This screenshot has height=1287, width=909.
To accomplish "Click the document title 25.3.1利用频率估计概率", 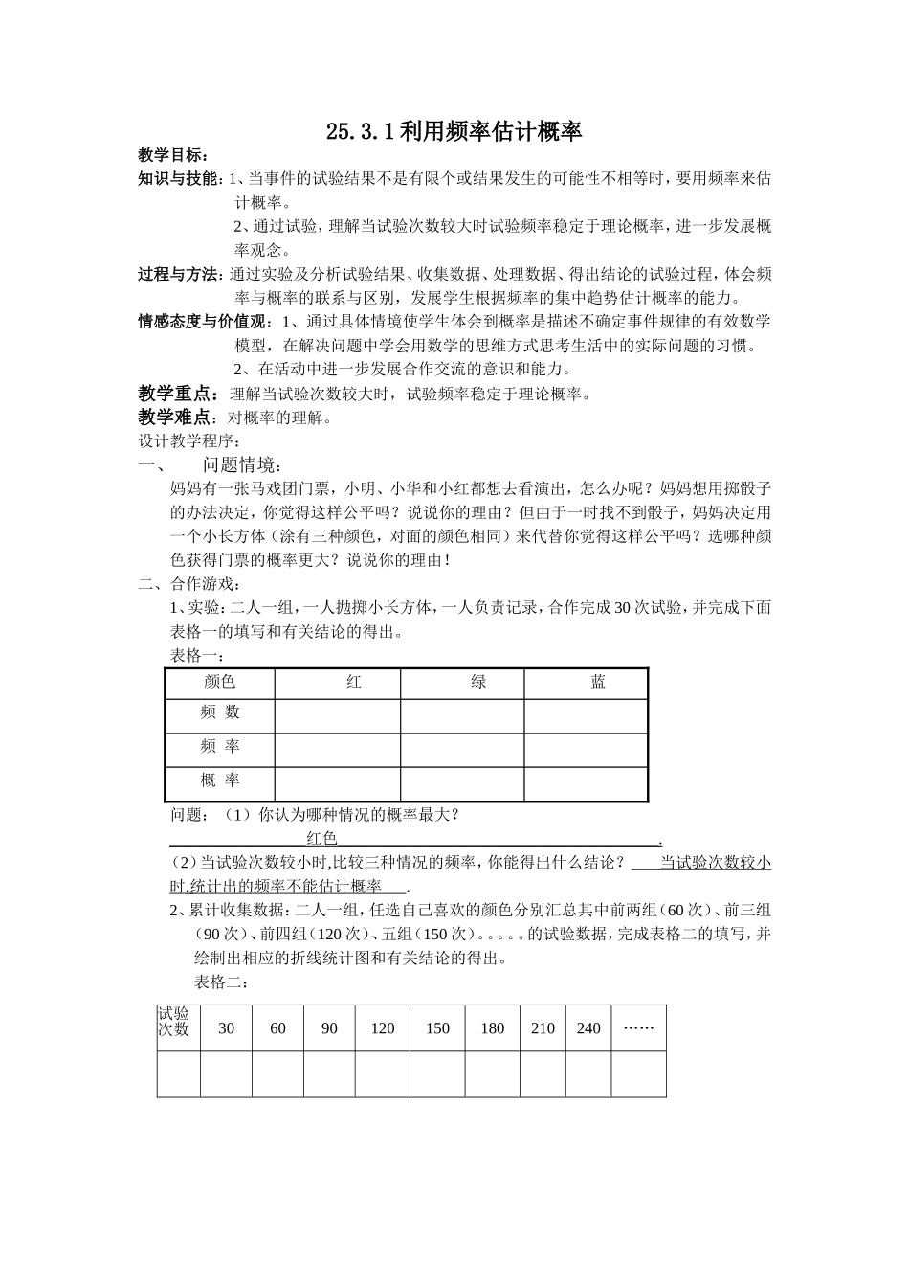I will pyautogui.click(x=454, y=132).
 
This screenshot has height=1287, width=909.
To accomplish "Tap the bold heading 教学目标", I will pyautogui.click(x=172, y=155).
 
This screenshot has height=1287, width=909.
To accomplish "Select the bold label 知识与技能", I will pyautogui.click(x=179, y=178).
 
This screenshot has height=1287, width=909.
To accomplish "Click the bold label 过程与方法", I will pyautogui.click(x=179, y=275).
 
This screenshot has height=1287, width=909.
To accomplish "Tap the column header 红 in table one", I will pyautogui.click(x=354, y=682).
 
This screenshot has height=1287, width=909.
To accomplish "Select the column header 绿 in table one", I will pyautogui.click(x=478, y=682).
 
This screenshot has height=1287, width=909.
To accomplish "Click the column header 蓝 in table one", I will pyautogui.click(x=598, y=682).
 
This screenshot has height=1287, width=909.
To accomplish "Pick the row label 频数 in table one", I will pyautogui.click(x=220, y=712).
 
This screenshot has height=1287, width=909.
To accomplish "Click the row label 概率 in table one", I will pyautogui.click(x=220, y=781).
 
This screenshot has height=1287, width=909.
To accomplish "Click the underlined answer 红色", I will pyautogui.click(x=321, y=839).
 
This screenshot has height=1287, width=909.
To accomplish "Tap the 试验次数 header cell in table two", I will pyautogui.click(x=174, y=1023).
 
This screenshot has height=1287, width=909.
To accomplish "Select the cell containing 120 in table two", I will pyautogui.click(x=382, y=1028).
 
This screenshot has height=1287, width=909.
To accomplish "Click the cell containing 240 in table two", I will pyautogui.click(x=588, y=1028).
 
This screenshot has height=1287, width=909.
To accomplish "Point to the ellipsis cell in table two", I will pyautogui.click(x=638, y=1028).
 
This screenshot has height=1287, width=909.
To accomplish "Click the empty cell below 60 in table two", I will pyautogui.click(x=277, y=1073).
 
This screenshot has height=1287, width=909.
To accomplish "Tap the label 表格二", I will pyautogui.click(x=222, y=982).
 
